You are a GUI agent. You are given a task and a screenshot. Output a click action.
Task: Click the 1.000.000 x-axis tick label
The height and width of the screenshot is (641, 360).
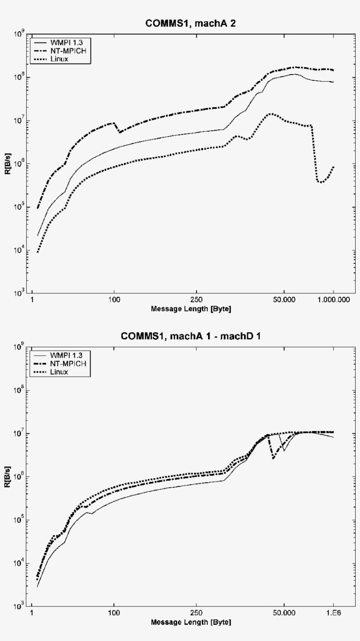pyautogui.click(x=334, y=302)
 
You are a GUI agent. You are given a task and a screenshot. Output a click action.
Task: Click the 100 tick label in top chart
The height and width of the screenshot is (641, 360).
pyautogui.click(x=114, y=302)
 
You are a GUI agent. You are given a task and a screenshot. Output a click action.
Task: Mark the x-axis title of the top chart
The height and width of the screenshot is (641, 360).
pyautogui.click(x=191, y=309)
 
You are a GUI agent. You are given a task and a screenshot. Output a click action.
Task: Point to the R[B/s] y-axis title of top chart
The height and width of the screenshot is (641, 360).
pyautogui.click(x=14, y=163)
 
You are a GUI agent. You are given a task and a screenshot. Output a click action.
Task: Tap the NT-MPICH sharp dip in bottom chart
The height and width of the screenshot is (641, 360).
pyautogui.click(x=274, y=458)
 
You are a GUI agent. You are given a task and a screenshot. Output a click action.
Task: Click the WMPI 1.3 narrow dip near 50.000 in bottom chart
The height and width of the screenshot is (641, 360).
pyautogui.click(x=284, y=450)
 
